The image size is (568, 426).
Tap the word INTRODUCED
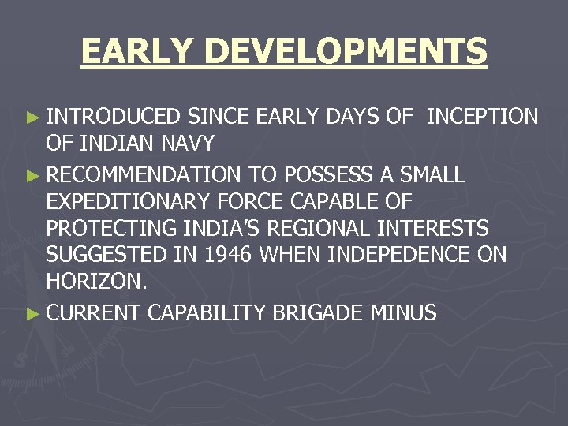[x=114, y=118]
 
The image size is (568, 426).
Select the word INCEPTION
[x=482, y=118]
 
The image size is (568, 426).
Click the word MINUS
[x=403, y=312]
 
